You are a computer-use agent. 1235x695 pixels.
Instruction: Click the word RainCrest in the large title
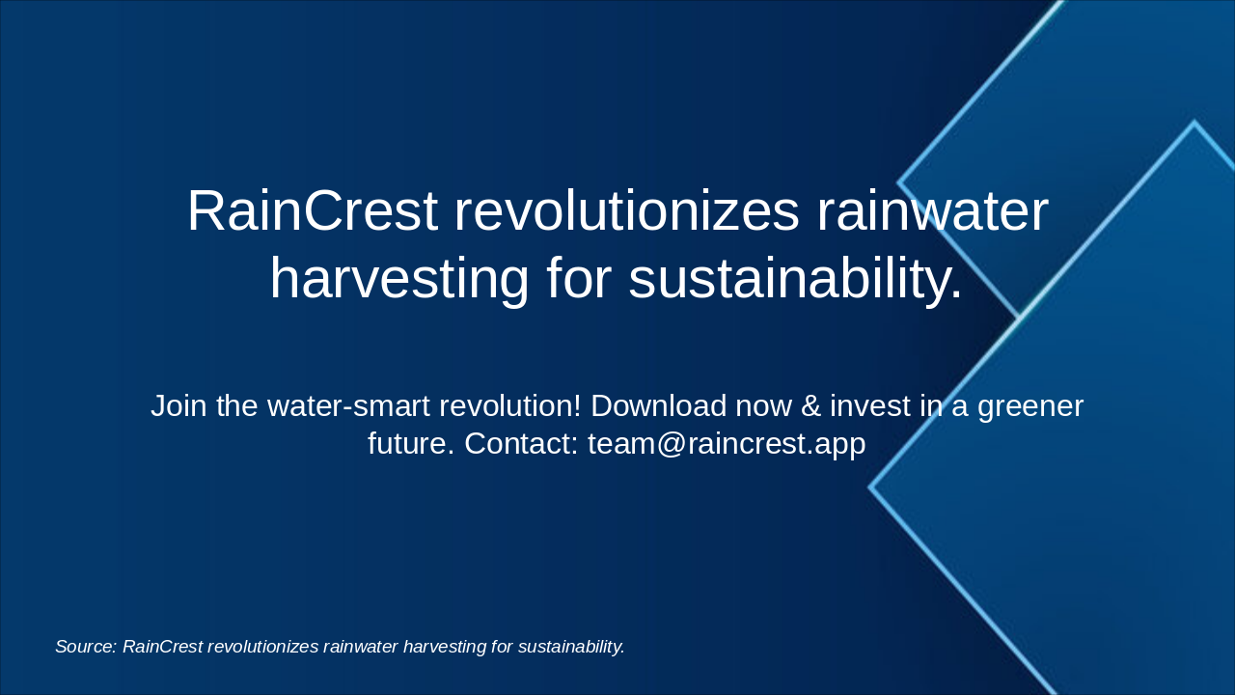312,211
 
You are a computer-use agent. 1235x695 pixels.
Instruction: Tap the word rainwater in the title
932,211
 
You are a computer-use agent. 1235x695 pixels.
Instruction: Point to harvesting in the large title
399,279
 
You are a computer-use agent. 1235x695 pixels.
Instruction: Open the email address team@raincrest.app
727,444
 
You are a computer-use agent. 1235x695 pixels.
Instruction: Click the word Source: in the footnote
86,647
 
